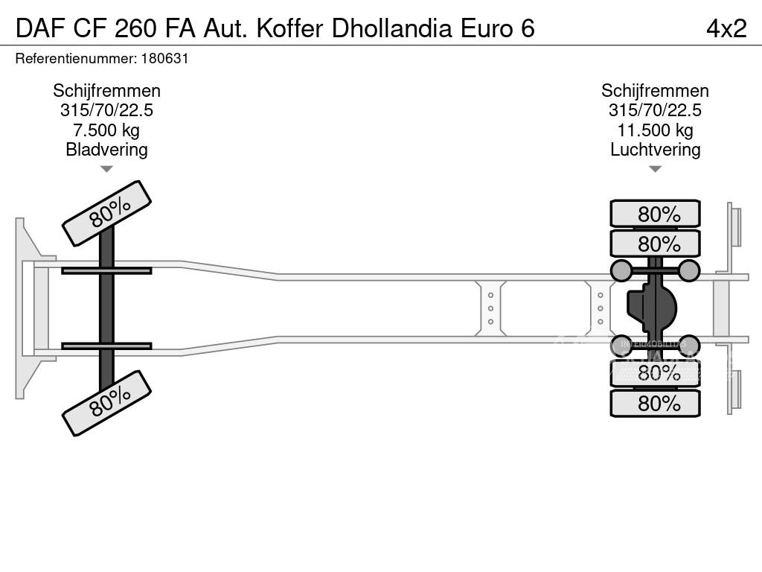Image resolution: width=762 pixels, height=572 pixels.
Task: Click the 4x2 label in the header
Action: pyautogui.click(x=726, y=28)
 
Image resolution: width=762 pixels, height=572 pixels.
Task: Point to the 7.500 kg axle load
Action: pyautogui.click(x=106, y=130)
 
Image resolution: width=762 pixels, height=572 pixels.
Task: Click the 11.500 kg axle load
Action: pyautogui.click(x=655, y=130)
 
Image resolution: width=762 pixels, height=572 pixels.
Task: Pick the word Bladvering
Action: pyautogui.click(x=106, y=150)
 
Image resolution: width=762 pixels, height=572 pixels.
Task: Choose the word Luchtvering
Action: pyautogui.click(x=655, y=150)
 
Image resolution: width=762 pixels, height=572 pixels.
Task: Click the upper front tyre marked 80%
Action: pyautogui.click(x=106, y=213)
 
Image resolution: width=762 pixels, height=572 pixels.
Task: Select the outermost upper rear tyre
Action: pyautogui.click(x=655, y=214)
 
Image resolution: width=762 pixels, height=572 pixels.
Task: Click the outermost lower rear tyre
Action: pyautogui.click(x=655, y=404)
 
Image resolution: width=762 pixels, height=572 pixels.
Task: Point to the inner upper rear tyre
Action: pyautogui.click(x=655, y=244)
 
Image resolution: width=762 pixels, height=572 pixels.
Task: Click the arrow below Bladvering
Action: pyautogui.click(x=106, y=169)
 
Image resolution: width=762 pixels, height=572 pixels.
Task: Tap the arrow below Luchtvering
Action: pyautogui.click(x=655, y=169)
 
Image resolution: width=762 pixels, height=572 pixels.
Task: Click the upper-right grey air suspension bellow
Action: pyautogui.click(x=689, y=270)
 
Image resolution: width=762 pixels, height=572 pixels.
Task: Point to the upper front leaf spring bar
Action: pyautogui.click(x=106, y=270)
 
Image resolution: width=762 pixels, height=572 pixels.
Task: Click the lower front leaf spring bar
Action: pyautogui.click(x=106, y=346)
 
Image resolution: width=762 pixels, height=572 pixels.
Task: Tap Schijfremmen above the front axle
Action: pyautogui.click(x=106, y=91)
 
